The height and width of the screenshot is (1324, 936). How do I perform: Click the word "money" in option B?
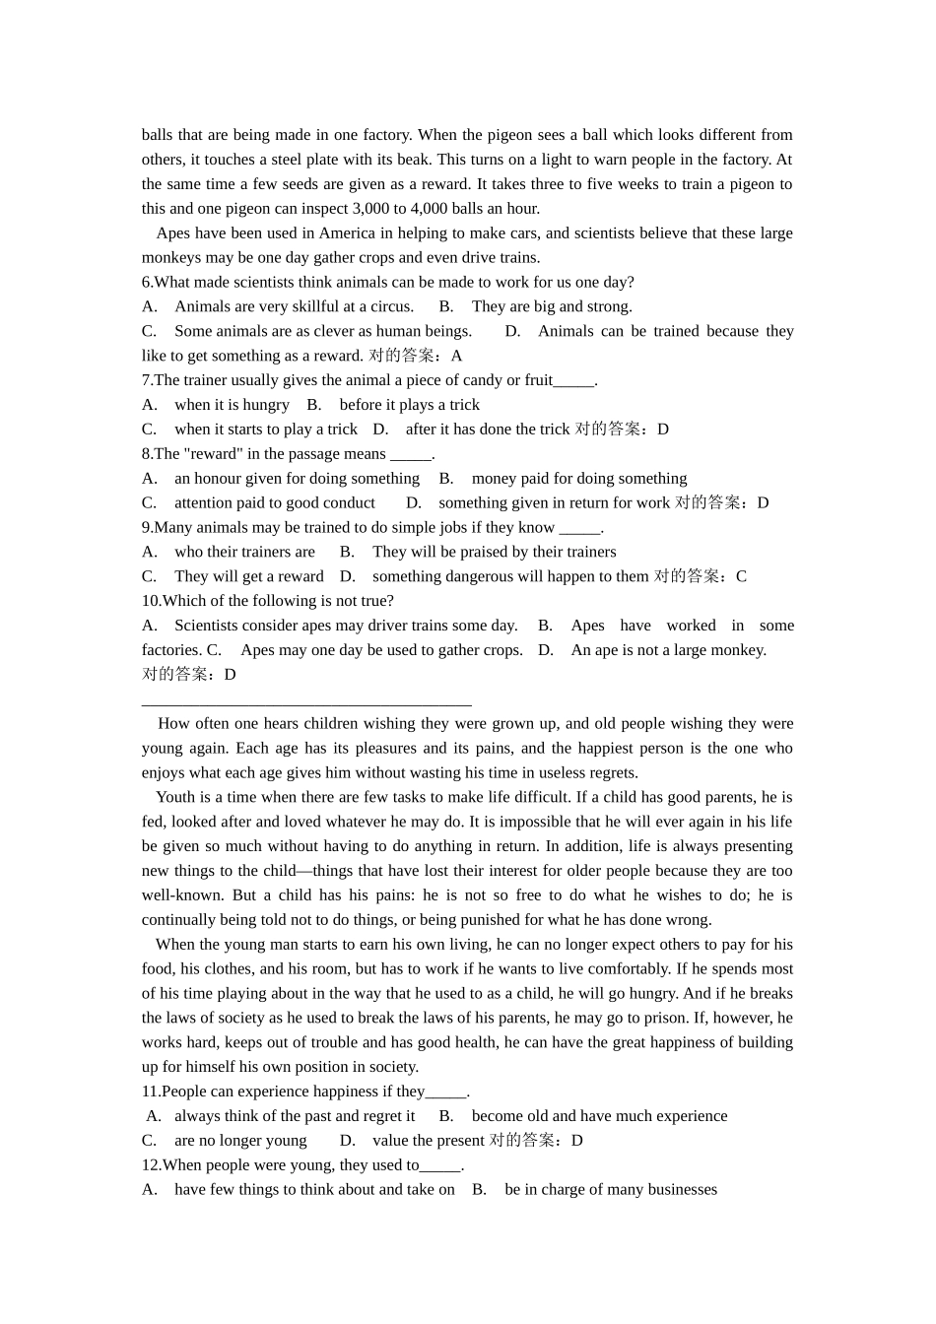pyautogui.click(x=494, y=479)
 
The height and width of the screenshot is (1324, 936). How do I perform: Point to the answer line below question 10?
pyautogui.click(x=189, y=675)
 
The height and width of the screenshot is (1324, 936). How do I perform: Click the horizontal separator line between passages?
pyautogui.click(x=306, y=704)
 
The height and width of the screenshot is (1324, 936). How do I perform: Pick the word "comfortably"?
pyautogui.click(x=629, y=969)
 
